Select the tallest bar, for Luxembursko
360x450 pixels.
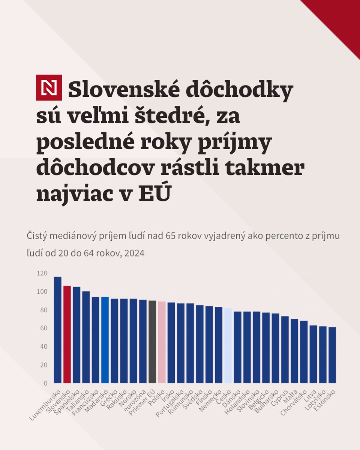[57, 330]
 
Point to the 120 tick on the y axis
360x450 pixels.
[42, 273]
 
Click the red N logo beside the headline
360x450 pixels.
[49, 88]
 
